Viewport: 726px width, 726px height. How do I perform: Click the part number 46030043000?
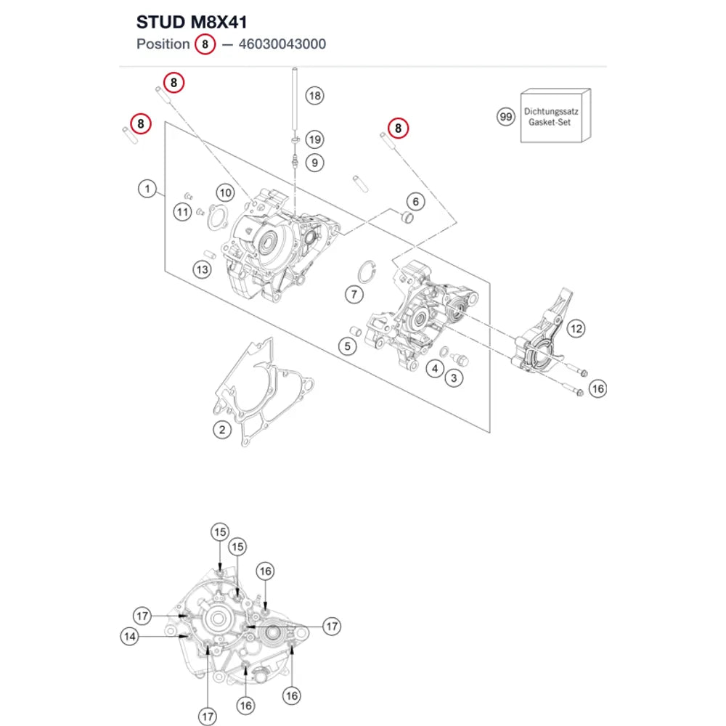(x=282, y=44)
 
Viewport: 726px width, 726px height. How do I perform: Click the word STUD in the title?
(x=160, y=22)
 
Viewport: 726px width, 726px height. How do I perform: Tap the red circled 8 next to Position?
(x=205, y=44)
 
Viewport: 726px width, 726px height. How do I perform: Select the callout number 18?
(x=315, y=96)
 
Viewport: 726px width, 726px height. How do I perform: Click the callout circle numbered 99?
(x=506, y=117)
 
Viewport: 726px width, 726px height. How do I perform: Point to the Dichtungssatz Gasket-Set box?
(x=555, y=115)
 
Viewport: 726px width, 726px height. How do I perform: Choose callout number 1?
(x=147, y=189)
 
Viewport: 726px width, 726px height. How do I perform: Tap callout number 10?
(x=226, y=192)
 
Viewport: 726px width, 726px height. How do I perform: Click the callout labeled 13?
(x=203, y=269)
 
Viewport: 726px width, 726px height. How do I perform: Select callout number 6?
(x=416, y=201)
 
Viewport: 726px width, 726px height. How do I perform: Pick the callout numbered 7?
(x=354, y=294)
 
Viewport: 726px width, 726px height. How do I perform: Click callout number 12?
(x=576, y=329)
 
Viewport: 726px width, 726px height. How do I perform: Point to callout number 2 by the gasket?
(x=222, y=430)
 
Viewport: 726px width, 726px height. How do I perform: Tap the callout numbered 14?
(x=130, y=636)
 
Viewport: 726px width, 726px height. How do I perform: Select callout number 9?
(x=315, y=163)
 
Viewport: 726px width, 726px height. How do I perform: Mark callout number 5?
(x=347, y=346)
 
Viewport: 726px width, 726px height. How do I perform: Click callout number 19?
(x=315, y=139)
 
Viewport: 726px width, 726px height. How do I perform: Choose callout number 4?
(x=435, y=369)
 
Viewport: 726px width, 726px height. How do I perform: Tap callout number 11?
(x=182, y=212)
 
